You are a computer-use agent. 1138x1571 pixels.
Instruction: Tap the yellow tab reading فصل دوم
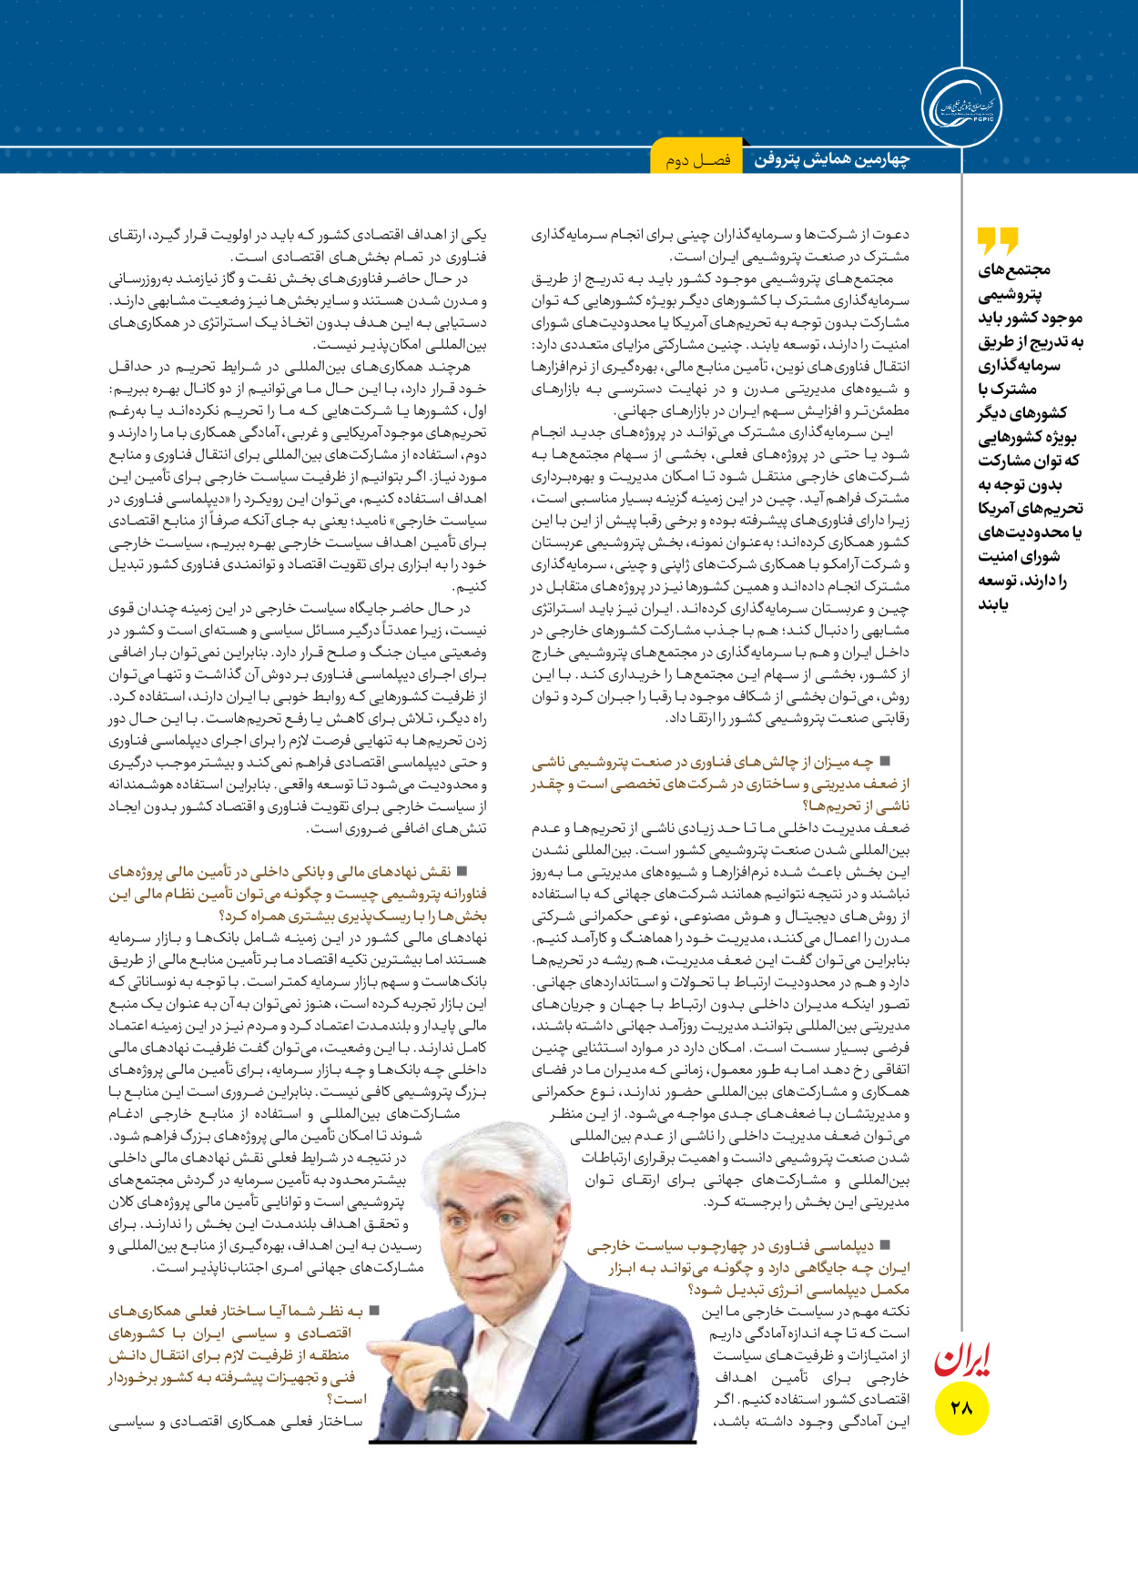click(697, 160)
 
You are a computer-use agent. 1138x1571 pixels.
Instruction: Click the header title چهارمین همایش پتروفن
click(831, 160)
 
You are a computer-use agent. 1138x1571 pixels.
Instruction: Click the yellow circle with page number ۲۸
click(961, 1407)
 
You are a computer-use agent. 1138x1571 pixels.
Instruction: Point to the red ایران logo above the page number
click(962, 1358)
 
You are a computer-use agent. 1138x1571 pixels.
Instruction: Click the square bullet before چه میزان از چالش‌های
click(884, 761)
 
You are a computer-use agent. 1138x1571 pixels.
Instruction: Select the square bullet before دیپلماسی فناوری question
click(884, 1244)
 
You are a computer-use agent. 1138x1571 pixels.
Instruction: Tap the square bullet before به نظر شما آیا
click(372, 1311)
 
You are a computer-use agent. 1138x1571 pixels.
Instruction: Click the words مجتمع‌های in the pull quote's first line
click(1014, 270)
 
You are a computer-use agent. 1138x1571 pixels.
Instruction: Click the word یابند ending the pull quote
click(993, 603)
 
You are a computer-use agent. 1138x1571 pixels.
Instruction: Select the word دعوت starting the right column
click(891, 235)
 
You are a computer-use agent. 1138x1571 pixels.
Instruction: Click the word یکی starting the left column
click(474, 235)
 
